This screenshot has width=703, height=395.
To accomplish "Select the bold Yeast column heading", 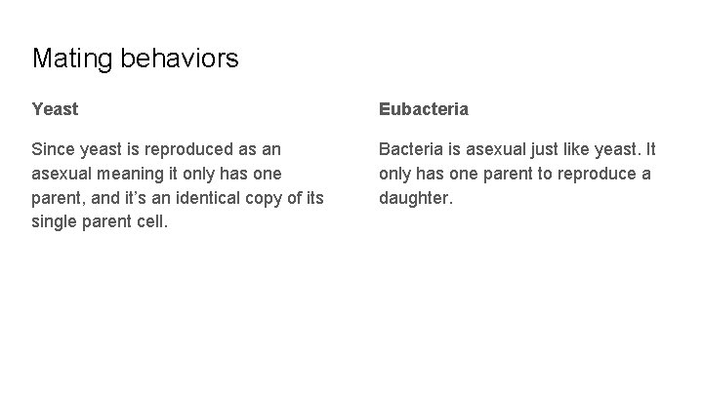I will [x=55, y=109].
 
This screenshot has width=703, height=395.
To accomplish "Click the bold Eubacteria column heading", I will [x=424, y=109].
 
